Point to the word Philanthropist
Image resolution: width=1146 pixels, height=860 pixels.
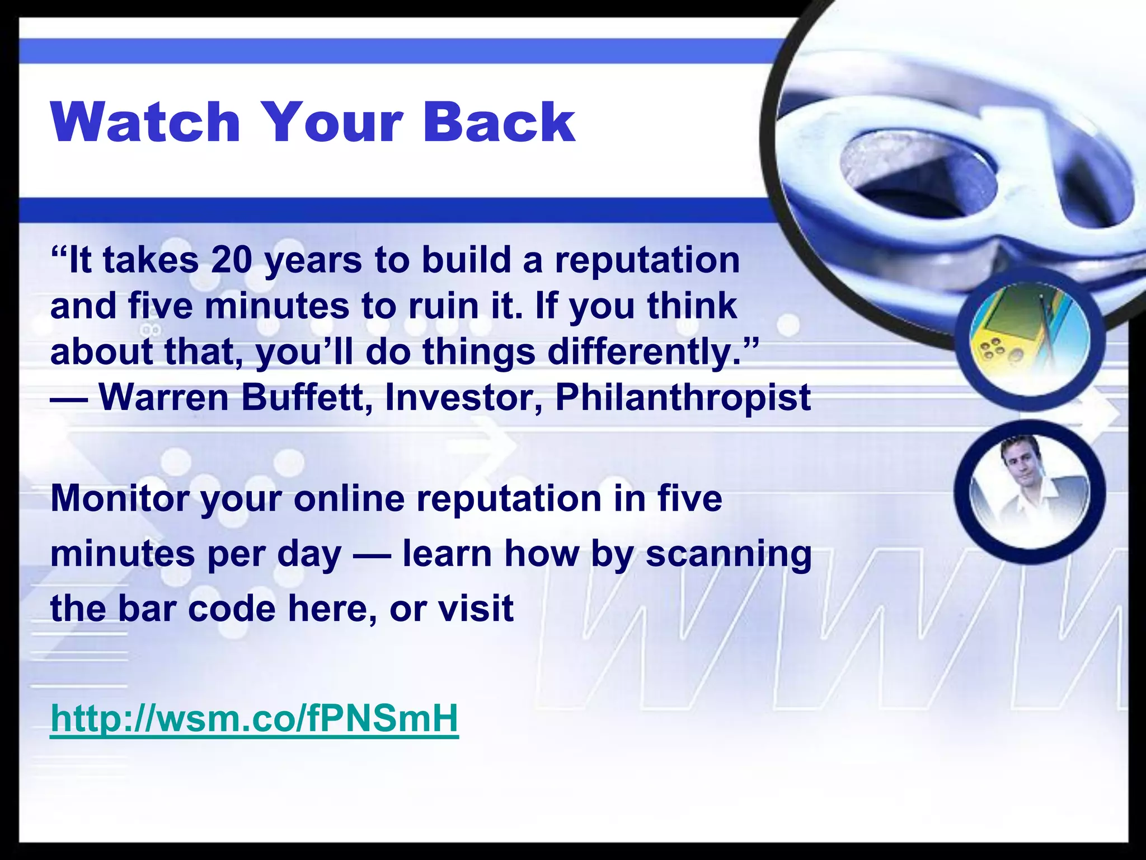pyautogui.click(x=683, y=398)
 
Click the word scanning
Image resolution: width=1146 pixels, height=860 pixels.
pyautogui.click(x=729, y=554)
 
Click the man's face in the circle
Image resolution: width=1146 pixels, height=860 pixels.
pyautogui.click(x=1021, y=462)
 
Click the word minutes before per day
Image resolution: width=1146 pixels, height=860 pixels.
pyautogui.click(x=123, y=554)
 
